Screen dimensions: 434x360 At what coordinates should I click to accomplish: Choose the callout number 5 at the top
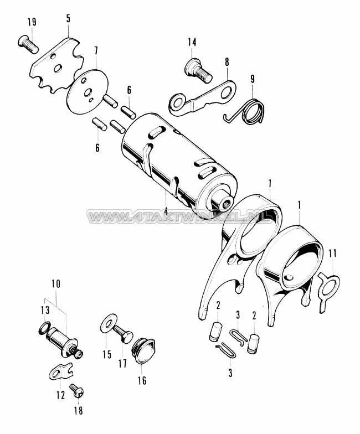click(68, 19)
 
